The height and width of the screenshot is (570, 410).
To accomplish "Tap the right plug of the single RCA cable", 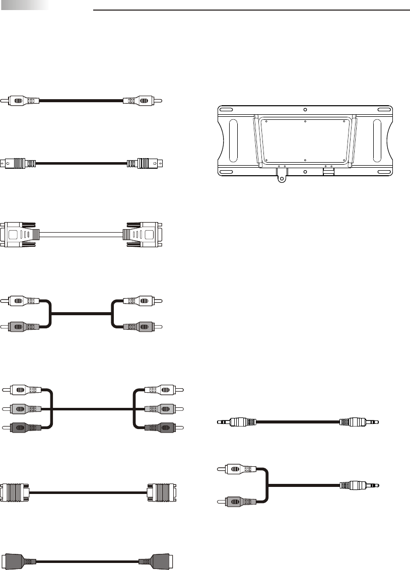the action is pyautogui.click(x=143, y=101).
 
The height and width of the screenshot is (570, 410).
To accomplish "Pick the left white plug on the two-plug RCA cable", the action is pyautogui.click(x=20, y=301).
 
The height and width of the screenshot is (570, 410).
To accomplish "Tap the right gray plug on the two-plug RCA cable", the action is pyautogui.click(x=143, y=326).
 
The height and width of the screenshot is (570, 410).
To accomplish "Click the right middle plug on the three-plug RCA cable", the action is pyautogui.click(x=162, y=408).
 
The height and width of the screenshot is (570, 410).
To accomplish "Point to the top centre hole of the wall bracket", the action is pyautogui.click(x=305, y=110).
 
